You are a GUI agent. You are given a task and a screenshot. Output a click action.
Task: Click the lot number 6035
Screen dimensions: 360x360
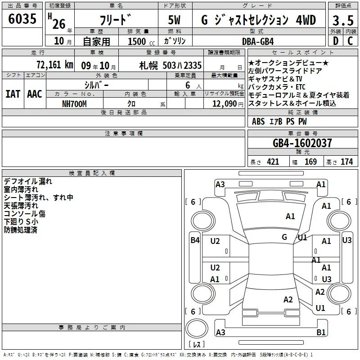point(22,18)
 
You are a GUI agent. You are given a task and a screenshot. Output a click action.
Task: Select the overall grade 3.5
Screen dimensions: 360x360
point(343,20)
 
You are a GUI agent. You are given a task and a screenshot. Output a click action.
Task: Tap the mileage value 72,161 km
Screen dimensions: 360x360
point(55,65)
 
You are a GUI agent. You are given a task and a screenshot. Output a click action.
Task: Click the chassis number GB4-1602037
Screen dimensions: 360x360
point(302,143)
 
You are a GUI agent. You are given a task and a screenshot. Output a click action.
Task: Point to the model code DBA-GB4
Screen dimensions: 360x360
point(258,41)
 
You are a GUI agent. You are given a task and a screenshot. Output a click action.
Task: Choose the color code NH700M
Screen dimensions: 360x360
point(74,104)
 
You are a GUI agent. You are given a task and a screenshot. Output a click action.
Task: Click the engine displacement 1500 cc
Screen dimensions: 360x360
point(141,41)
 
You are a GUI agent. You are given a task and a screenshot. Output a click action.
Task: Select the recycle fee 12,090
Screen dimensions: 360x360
point(224,104)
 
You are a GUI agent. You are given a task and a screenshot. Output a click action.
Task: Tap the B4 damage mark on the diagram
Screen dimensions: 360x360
point(195,240)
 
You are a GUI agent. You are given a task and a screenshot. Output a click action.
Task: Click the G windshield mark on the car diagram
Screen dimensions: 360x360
point(284,237)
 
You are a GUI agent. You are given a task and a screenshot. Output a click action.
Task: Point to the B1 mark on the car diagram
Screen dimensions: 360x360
point(321,332)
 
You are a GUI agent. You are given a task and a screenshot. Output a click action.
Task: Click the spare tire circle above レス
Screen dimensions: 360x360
point(197,328)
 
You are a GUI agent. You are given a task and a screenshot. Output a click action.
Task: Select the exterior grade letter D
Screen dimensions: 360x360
point(336,41)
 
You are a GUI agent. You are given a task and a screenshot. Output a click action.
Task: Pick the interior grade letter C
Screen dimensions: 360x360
point(350,41)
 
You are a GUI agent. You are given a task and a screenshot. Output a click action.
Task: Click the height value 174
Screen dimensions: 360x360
point(346,162)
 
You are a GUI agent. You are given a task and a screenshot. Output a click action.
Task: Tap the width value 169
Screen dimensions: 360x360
point(310,162)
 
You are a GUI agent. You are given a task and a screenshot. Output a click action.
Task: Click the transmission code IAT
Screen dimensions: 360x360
point(13,94)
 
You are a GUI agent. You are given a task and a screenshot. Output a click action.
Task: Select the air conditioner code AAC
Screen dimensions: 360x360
point(35,94)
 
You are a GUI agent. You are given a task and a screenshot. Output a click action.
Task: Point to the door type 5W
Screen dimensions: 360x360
point(175,20)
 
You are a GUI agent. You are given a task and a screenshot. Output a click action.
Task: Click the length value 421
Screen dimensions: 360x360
point(273,162)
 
